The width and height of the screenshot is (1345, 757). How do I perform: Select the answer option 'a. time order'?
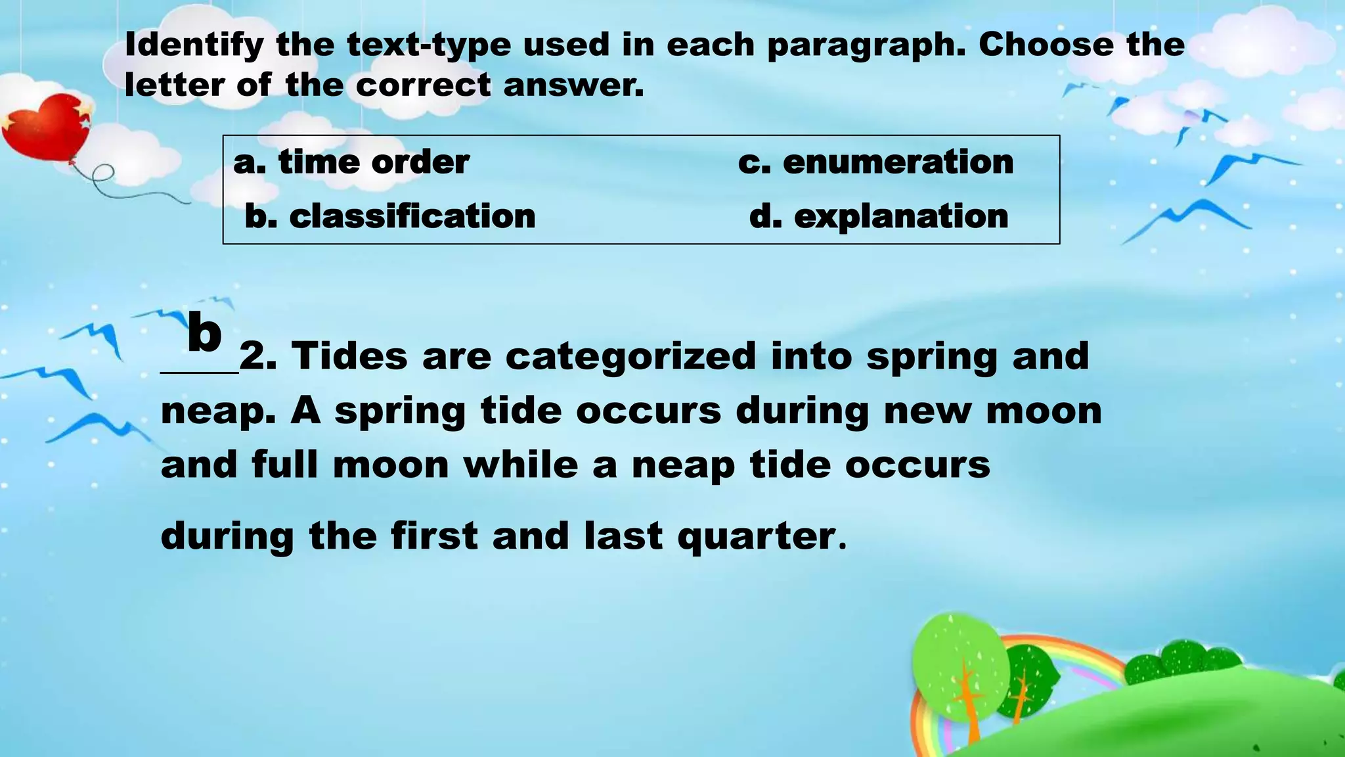coord(351,162)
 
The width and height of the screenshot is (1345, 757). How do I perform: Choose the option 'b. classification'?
coord(390,216)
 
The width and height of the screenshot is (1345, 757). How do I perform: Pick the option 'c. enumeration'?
coord(875,162)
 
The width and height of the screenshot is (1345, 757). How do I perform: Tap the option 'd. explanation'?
coord(879,216)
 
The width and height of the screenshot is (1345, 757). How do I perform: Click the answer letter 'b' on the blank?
coord(204,333)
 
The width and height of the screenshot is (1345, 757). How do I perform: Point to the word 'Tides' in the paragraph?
coord(349,356)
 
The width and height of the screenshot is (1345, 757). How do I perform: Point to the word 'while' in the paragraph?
coord(521,465)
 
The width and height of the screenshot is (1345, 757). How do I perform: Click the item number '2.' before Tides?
coord(258,357)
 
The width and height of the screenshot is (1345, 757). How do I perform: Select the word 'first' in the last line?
coord(434,536)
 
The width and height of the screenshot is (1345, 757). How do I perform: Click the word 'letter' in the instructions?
coord(174,85)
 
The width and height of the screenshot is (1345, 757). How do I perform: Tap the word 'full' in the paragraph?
coord(285,465)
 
